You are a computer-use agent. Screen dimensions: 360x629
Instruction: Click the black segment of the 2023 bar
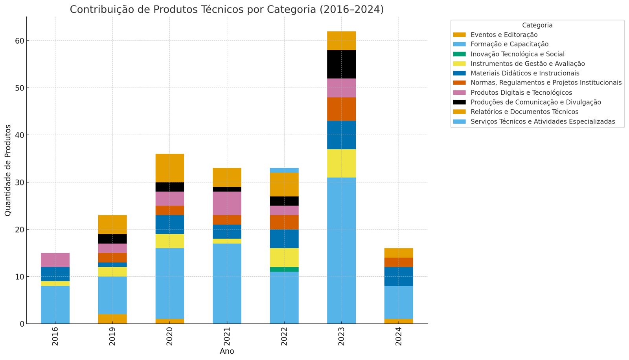tap(341, 64)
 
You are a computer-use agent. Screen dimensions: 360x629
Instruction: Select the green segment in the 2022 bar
tap(284, 269)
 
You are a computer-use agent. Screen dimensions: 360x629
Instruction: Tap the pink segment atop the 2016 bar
tap(55, 260)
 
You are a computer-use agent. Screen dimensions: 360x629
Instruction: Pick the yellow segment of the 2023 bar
tap(341, 163)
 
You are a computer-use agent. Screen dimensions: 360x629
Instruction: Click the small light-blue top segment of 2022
tap(284, 170)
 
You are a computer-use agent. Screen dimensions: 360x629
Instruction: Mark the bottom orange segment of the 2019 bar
tap(112, 319)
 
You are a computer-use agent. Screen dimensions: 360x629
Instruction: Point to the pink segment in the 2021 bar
tap(227, 203)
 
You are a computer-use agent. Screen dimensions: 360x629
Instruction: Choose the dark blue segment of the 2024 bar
tap(399, 276)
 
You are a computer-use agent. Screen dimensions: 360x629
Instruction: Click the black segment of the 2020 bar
tap(169, 187)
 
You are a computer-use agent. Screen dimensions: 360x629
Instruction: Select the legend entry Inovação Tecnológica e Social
tap(517, 54)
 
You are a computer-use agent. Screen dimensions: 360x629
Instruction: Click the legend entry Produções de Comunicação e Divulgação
tap(535, 102)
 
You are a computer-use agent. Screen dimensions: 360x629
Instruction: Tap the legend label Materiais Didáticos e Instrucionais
tap(525, 73)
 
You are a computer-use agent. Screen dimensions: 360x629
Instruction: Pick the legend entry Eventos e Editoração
tap(504, 35)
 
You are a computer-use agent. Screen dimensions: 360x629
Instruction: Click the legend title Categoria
tap(537, 25)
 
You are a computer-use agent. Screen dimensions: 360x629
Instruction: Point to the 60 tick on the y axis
tap(20, 41)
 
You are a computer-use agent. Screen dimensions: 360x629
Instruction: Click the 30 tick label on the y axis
tap(20, 182)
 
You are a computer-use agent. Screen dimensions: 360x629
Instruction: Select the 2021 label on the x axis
tap(227, 336)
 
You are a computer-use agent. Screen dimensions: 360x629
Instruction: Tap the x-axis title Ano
tap(227, 351)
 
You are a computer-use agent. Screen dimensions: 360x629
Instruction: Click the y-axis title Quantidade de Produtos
tap(8, 170)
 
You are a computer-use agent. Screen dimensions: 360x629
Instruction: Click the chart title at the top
tap(227, 9)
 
